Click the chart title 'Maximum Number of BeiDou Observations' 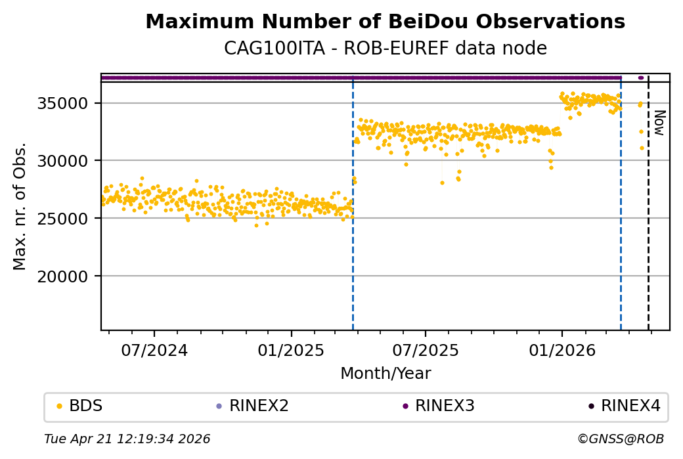coord(385,22)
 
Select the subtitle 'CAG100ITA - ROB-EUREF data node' coord(385,49)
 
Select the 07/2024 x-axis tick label coord(154,351)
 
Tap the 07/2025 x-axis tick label coord(425,351)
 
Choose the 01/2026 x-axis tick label coord(562,351)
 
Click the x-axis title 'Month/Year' coord(386,374)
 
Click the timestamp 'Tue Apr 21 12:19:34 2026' coord(127,439)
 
